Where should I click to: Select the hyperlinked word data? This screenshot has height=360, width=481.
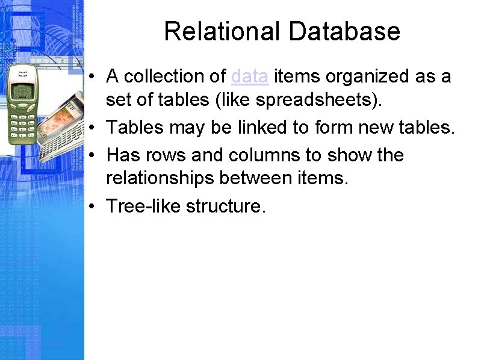(x=249, y=76)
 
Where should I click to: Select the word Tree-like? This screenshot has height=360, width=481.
(x=143, y=206)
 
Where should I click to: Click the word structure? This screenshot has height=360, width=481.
(x=226, y=206)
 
